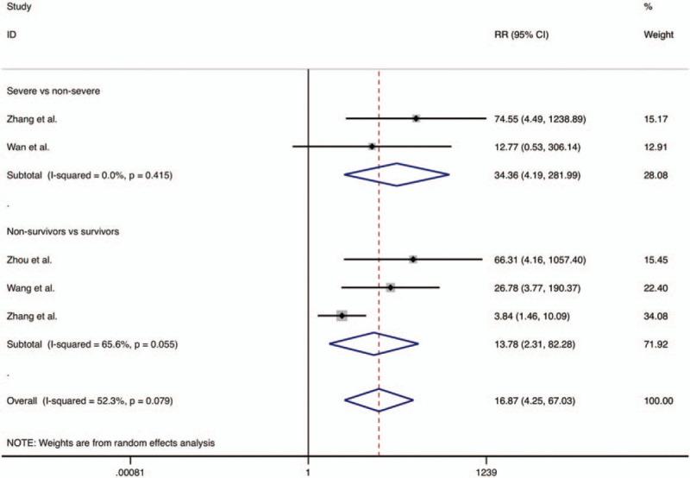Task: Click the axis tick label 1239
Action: (x=486, y=470)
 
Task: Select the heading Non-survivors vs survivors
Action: (x=62, y=231)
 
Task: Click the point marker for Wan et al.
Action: (x=373, y=147)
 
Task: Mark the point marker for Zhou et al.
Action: (x=413, y=259)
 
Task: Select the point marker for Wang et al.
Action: (x=391, y=287)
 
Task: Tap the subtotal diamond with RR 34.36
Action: (x=396, y=175)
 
